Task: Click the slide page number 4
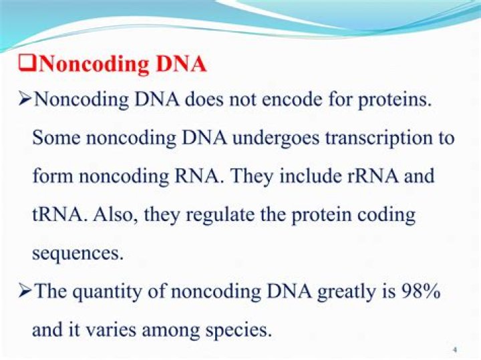pyautogui.click(x=454, y=349)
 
